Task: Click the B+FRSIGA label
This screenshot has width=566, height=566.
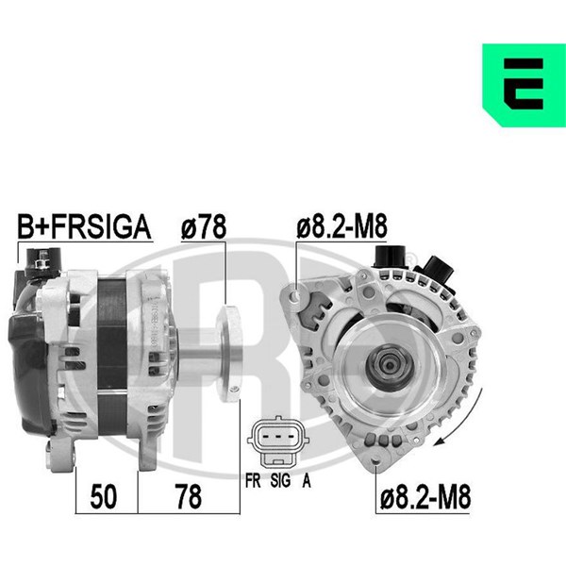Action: [84, 226]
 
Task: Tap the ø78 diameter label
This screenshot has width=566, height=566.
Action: [203, 226]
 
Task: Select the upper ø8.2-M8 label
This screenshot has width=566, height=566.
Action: [341, 226]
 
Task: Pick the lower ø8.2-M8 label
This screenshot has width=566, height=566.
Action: [425, 498]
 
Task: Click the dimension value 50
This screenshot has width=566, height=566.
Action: [103, 497]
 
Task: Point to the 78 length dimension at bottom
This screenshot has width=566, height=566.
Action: [188, 497]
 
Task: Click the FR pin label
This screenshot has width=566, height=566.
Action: [253, 480]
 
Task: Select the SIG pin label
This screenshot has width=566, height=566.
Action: [280, 480]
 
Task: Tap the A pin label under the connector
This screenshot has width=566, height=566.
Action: [306, 480]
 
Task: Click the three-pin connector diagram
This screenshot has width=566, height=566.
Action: [278, 441]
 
